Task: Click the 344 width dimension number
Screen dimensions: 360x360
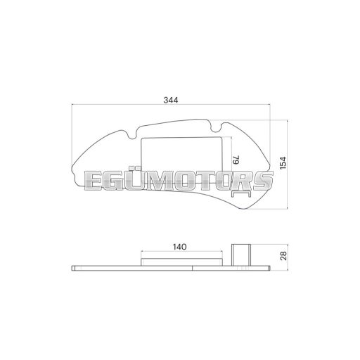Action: coord(171,100)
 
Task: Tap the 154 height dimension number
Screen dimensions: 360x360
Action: coord(283,163)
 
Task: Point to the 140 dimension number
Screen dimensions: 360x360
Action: coord(179,247)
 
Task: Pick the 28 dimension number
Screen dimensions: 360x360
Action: coord(283,256)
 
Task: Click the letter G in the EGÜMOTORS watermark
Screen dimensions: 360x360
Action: coord(114,181)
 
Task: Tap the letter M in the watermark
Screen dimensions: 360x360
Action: coord(160,181)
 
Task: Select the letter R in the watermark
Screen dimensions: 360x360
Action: coord(241,181)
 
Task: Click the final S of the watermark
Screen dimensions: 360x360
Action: coord(263,181)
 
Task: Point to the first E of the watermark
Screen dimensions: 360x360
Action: coord(94,181)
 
